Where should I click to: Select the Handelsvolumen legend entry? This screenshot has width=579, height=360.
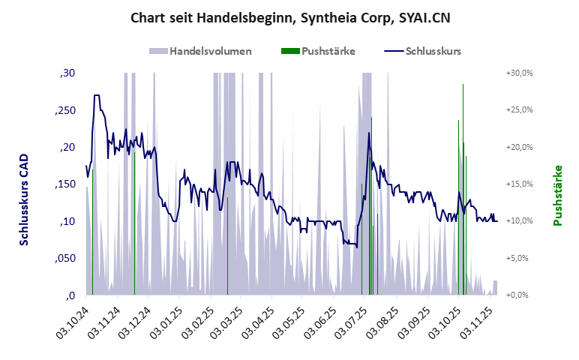coord(200,51)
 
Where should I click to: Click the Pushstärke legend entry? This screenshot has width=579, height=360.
coord(319,51)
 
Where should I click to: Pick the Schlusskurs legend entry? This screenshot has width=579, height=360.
coord(423,51)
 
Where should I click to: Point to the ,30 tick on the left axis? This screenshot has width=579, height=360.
coord(67,73)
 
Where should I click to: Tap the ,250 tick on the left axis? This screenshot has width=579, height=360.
coord(66,110)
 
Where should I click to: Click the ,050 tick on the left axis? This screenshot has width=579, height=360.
coord(66,258)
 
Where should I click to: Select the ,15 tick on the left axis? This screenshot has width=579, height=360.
coord(66,184)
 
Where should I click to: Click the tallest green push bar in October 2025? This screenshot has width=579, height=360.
coord(463,217)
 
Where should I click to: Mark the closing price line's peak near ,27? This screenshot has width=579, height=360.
coord(97,95)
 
